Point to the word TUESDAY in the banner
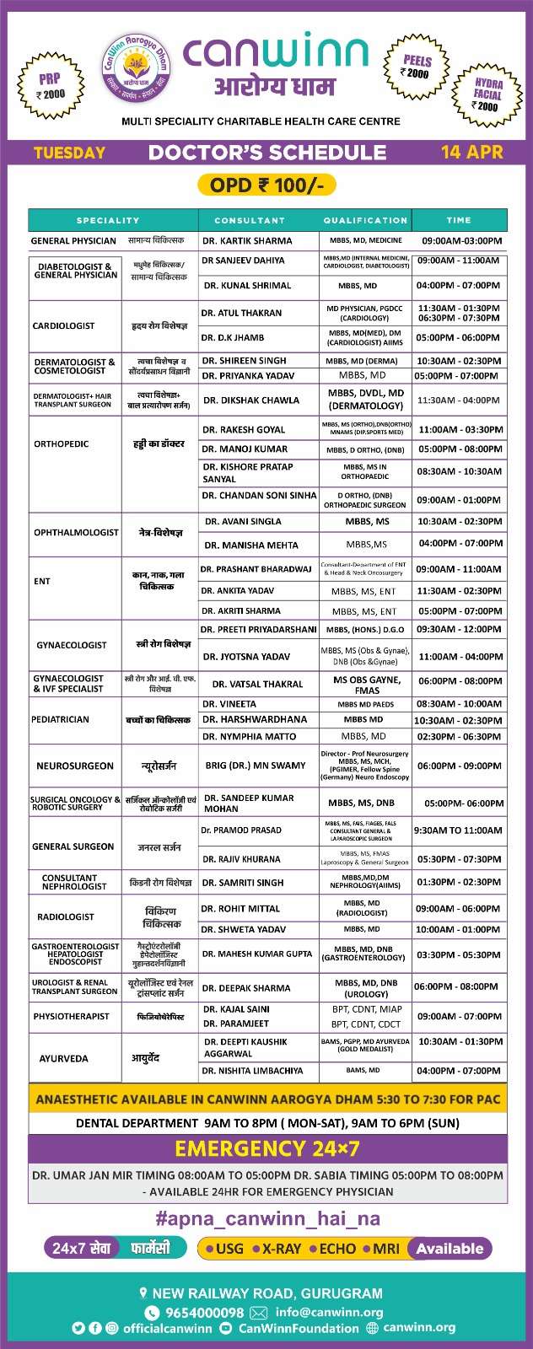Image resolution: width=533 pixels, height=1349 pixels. pyautogui.click(x=69, y=153)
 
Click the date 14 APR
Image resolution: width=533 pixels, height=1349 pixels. pyautogui.click(x=471, y=153)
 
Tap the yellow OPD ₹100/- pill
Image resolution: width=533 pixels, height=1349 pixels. pyautogui.click(x=266, y=185)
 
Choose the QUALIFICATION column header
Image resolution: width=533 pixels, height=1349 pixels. pyautogui.click(x=365, y=220)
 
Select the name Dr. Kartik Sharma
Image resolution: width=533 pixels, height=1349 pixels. pyautogui.click(x=247, y=241)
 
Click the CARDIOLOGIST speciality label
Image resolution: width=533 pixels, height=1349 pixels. pyautogui.click(x=63, y=325)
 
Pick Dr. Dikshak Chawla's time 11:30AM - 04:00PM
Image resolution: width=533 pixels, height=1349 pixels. pyautogui.click(x=459, y=400)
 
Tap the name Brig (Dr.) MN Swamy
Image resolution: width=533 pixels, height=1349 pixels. pyautogui.click(x=256, y=766)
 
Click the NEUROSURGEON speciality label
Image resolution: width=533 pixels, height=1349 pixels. pyautogui.click(x=75, y=766)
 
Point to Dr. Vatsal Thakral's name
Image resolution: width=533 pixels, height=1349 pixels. pyautogui.click(x=257, y=685)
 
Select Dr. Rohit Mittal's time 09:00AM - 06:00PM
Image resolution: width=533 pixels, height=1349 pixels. pyautogui.click(x=459, y=908)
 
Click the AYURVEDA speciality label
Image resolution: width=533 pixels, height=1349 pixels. pyautogui.click(x=63, y=1058)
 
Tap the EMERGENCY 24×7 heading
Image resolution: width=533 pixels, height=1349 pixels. pyautogui.click(x=266, y=1148)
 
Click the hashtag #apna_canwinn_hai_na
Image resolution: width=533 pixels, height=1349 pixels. pyautogui.click(x=267, y=1218)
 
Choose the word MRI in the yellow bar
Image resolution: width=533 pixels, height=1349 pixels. pyautogui.click(x=385, y=1249)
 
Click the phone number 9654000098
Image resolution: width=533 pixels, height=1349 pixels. pyautogui.click(x=205, y=1313)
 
